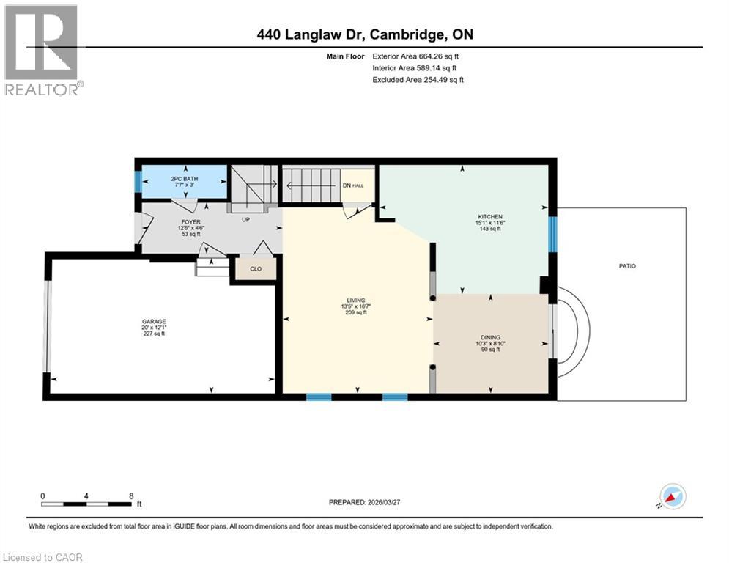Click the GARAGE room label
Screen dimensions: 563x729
pos(154,321)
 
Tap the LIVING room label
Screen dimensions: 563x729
pos(356,299)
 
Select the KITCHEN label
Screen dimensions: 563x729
pos(490,217)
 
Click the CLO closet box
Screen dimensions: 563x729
pos(256,269)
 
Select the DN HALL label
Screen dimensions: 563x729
pos(352,186)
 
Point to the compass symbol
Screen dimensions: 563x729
pos(672,496)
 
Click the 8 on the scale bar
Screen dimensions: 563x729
pos(130,496)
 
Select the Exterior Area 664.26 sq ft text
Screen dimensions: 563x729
pos(416,56)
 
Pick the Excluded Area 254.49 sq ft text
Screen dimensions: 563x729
pos(418,80)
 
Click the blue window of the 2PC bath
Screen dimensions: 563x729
pos(137,181)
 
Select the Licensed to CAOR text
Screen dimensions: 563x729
pos(42,557)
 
